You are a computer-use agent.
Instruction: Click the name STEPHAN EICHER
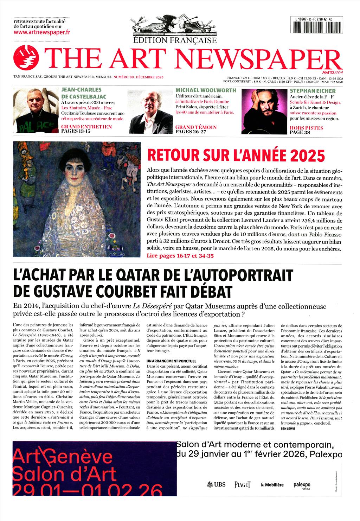coord(308,91)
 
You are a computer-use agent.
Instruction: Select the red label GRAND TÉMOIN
coord(196,127)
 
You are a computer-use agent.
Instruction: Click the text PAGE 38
coord(301,133)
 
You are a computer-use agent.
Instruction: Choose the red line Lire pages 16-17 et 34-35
coord(180,256)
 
